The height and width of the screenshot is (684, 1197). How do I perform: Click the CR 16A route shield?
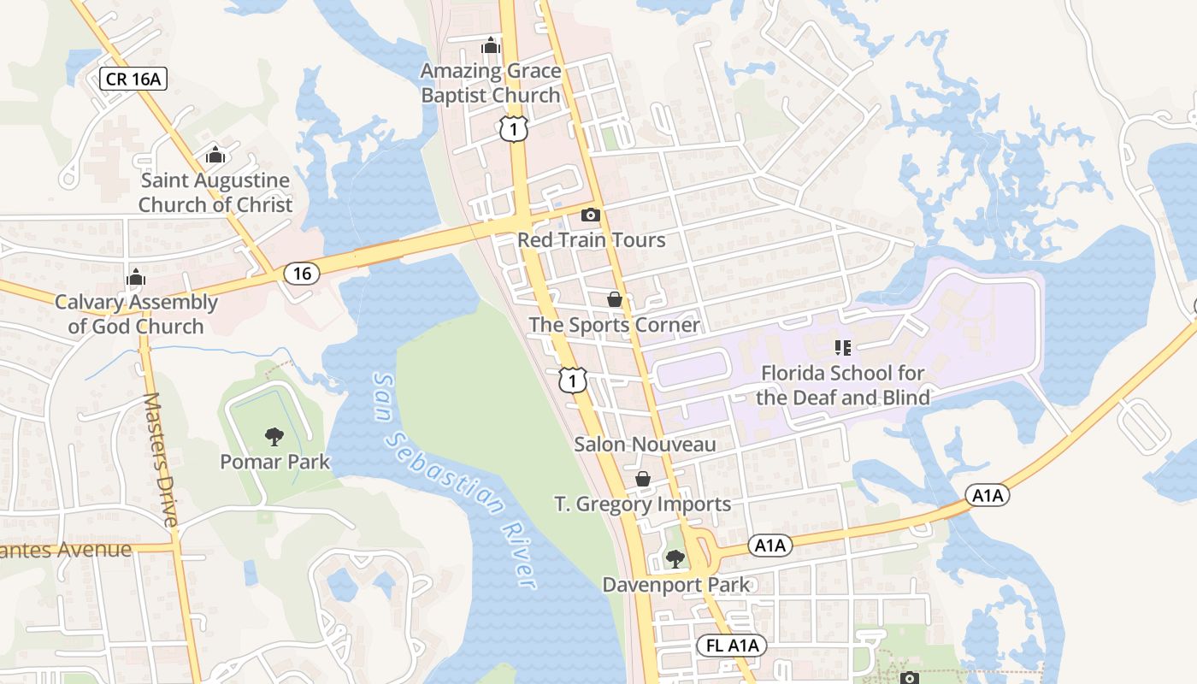[x=133, y=80]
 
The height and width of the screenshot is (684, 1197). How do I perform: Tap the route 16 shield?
[x=301, y=274]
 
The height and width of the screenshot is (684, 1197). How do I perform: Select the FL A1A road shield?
[x=733, y=646]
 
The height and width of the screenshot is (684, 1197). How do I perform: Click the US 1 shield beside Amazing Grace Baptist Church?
[x=514, y=129]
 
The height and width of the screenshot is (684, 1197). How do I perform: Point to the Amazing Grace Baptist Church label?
[x=491, y=83]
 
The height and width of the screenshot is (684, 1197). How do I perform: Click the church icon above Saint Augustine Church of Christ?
[x=215, y=156]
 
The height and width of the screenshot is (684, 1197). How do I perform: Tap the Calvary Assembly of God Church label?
[x=136, y=314]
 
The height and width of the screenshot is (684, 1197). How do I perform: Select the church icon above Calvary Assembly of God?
[x=135, y=278]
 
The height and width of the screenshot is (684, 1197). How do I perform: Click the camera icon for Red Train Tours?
[x=591, y=215]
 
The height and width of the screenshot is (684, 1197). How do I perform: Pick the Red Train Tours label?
[x=591, y=239]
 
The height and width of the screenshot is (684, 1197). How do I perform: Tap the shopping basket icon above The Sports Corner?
[x=614, y=299]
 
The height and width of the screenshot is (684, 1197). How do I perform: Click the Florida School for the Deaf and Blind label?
[x=843, y=385]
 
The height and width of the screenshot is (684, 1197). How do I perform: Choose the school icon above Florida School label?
[x=843, y=348]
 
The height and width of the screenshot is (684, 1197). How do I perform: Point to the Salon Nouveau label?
[x=645, y=445]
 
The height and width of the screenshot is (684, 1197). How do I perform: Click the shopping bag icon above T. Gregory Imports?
[x=643, y=480]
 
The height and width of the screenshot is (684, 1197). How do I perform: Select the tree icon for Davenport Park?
[x=675, y=560]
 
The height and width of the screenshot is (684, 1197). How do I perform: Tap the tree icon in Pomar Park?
[x=274, y=437]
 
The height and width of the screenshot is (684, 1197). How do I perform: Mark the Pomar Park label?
[x=274, y=462]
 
